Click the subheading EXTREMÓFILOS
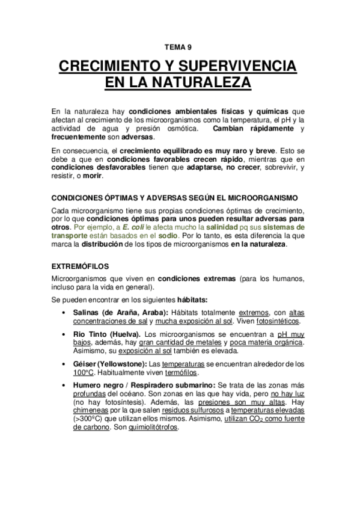tap(81, 264)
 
